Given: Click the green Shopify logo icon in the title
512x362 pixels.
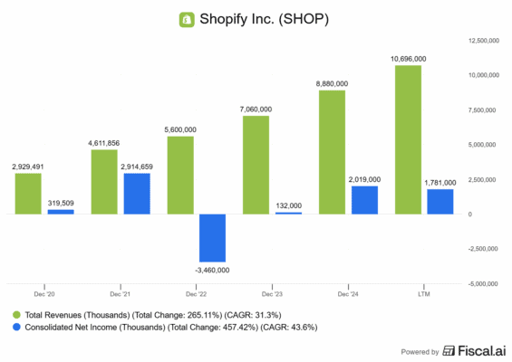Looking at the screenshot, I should tap(188, 18).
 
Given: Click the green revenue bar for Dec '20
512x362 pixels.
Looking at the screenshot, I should tap(28, 194).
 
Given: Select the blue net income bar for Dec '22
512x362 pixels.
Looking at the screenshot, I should tap(213, 238).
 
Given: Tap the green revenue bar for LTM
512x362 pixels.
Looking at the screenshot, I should tap(409, 140).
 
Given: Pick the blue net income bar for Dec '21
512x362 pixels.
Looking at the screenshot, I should tap(137, 194).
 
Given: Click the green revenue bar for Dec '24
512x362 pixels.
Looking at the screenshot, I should tap(333, 152).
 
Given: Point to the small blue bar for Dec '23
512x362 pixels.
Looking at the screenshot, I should tap(289, 213).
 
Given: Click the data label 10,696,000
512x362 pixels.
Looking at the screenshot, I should tap(409, 59).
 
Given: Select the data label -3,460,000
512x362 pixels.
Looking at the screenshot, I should tap(213, 269).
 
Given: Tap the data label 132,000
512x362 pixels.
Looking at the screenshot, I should tap(289, 205).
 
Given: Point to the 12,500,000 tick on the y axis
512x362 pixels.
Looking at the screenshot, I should tap(485, 41).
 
